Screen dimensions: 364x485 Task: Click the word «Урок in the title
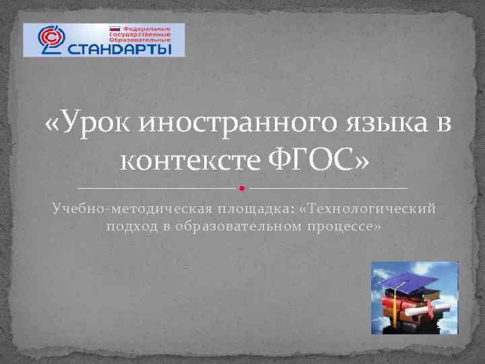click(x=85, y=125)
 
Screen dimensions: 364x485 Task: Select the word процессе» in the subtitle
click(x=346, y=226)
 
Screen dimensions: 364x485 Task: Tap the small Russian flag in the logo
click(x=115, y=29)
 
